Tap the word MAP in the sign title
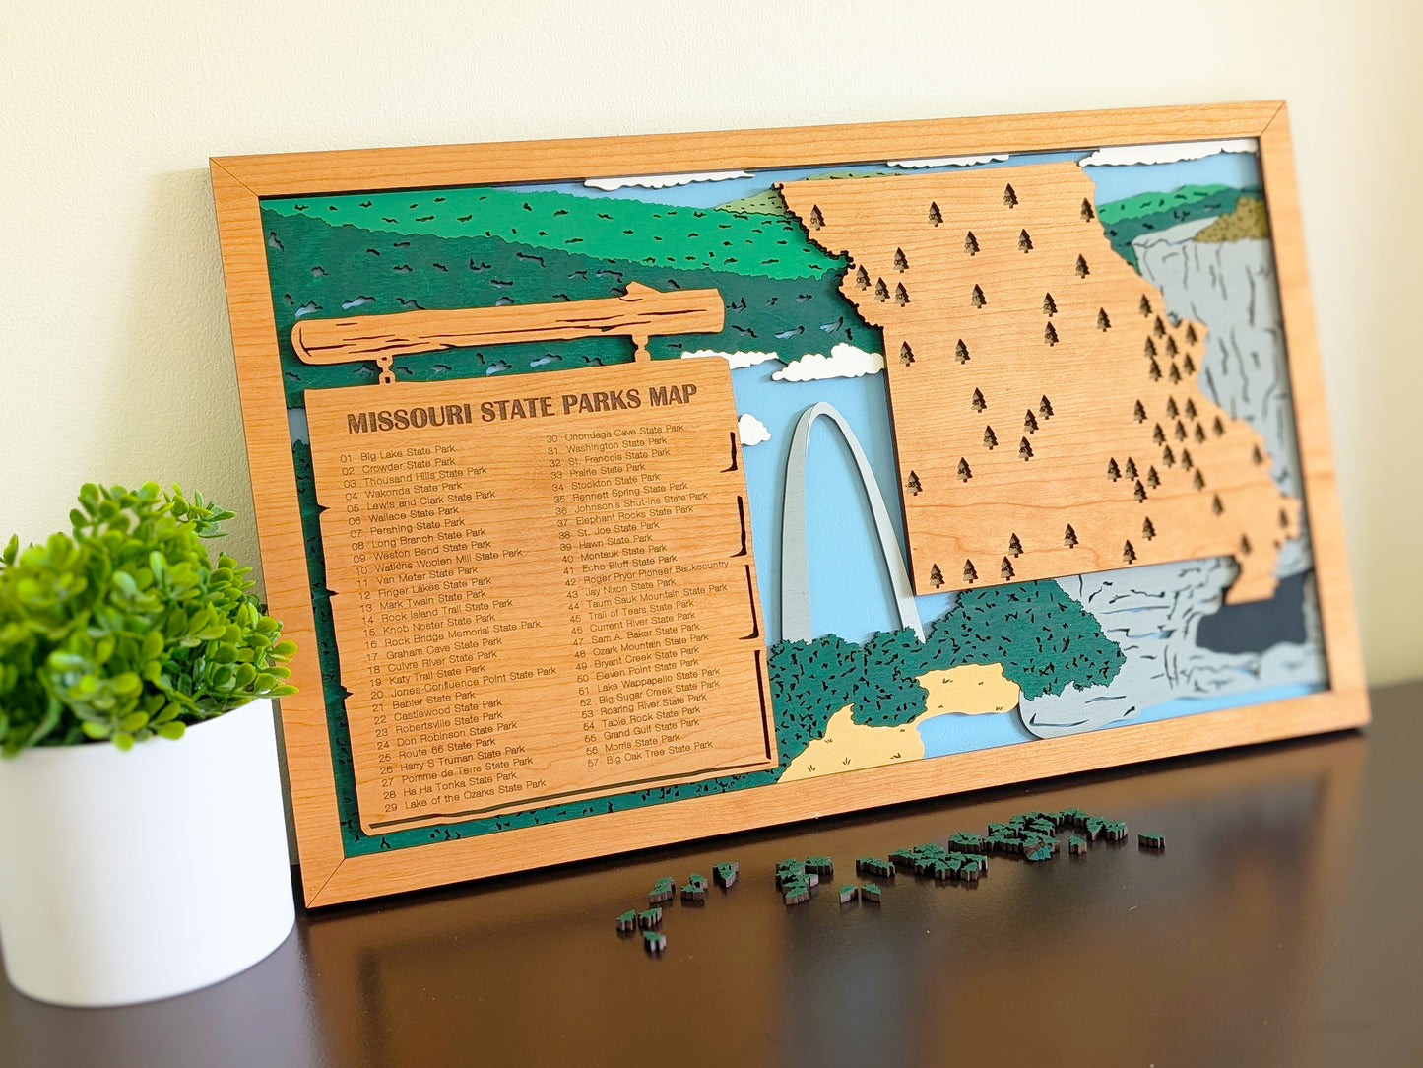pos(673,396)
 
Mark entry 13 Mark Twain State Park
pos(424,601)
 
